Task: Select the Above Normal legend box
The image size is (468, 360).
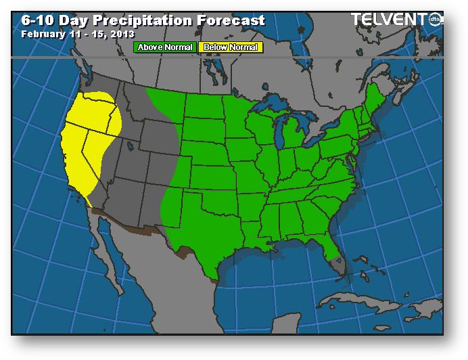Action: tap(165, 47)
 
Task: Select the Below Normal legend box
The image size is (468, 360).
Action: tap(230, 47)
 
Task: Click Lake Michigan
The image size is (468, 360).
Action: tap(278, 132)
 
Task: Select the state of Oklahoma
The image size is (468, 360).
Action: tap(212, 194)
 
